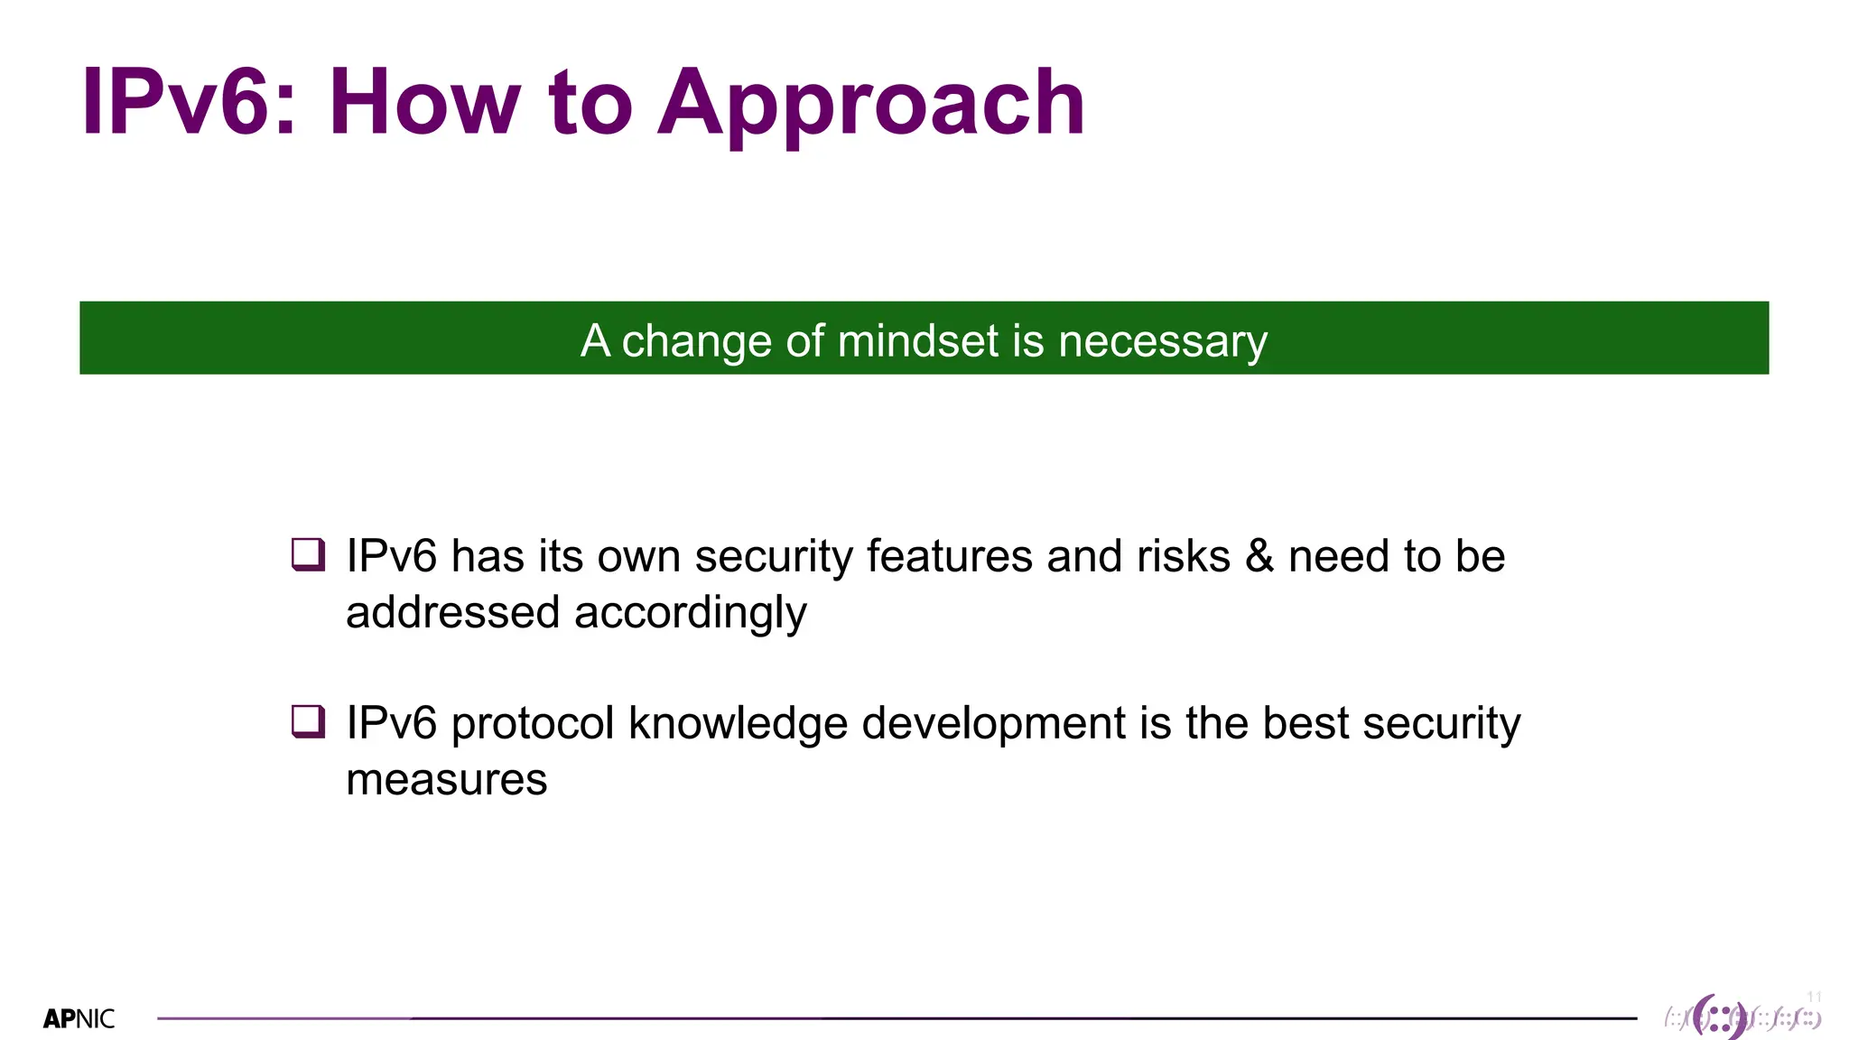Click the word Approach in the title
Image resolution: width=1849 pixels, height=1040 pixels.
(871, 104)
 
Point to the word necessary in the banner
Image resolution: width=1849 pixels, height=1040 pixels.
(1163, 342)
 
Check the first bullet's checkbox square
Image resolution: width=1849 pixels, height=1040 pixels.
(308, 554)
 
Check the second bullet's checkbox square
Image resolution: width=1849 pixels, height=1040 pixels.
(308, 721)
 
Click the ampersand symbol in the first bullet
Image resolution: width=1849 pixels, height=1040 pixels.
(1259, 556)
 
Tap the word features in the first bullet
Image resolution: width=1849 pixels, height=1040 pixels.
(949, 556)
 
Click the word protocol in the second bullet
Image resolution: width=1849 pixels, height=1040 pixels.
(533, 723)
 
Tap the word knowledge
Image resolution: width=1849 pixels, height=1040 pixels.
(738, 723)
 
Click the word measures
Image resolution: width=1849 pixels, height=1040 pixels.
(446, 779)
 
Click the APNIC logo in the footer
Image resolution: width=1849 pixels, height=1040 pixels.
(79, 1019)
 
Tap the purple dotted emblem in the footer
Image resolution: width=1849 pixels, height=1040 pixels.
(1720, 1018)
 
